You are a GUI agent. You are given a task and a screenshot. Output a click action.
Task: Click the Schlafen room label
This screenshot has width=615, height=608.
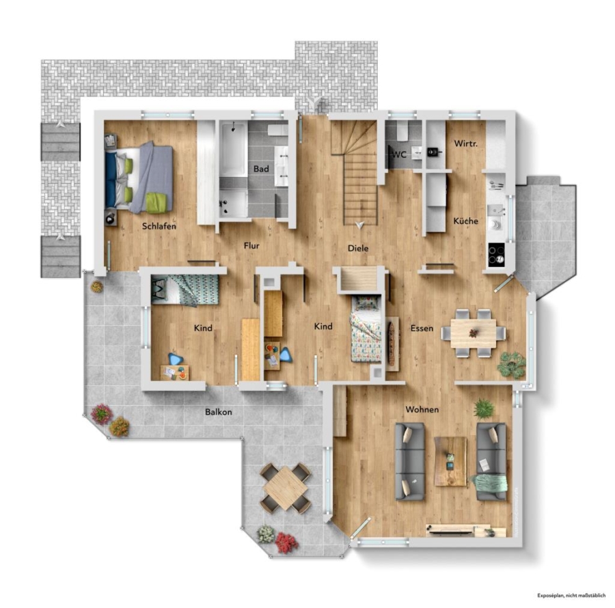159,226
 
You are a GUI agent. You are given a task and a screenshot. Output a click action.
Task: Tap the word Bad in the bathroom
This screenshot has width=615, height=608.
261,169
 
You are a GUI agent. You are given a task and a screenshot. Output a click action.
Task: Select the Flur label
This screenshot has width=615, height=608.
251,246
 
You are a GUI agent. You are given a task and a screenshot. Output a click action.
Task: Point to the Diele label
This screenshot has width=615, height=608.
358,248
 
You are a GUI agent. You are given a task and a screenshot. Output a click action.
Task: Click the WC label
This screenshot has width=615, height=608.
399,154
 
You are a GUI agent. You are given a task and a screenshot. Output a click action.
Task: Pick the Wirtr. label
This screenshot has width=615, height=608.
466,143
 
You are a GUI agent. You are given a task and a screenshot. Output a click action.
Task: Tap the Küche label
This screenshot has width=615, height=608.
466,221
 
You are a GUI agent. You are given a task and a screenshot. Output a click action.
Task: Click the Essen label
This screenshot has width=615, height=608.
422,328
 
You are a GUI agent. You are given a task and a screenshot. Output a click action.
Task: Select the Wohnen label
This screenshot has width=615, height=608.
422,410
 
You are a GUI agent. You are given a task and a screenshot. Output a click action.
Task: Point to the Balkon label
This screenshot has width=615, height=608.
219,412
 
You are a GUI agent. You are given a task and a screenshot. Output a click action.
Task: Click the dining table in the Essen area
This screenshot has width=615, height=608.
473,333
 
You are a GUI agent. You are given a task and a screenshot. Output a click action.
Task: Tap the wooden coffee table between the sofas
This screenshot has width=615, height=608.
451,462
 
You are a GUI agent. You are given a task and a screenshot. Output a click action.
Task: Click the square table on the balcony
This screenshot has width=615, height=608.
285,487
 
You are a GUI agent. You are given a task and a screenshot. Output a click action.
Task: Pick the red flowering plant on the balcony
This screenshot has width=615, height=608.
287,542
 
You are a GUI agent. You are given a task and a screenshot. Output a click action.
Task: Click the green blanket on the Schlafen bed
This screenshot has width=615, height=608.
159,203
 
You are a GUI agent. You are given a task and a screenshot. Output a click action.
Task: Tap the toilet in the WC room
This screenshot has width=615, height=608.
402,131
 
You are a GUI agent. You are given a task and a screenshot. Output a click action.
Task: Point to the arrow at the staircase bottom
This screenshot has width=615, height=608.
359,225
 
